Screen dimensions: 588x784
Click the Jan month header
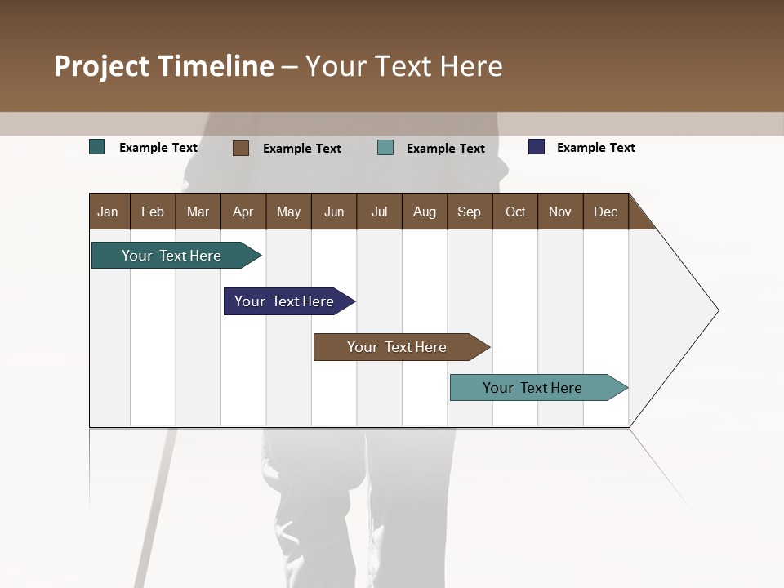(x=108, y=212)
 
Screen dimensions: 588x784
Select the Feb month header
(x=153, y=212)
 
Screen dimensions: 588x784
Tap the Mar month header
(x=198, y=212)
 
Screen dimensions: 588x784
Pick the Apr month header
(x=243, y=212)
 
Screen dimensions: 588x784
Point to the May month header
(x=288, y=212)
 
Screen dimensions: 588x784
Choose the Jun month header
(x=334, y=212)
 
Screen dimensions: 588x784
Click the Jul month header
(x=379, y=212)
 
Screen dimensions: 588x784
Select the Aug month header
(x=425, y=212)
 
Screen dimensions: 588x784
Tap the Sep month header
(x=470, y=212)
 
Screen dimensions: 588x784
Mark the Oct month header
(x=515, y=212)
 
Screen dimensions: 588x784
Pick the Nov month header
(x=560, y=212)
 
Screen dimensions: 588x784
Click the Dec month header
(x=606, y=212)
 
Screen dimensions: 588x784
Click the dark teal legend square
(x=97, y=147)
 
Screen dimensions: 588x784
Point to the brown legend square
(x=241, y=148)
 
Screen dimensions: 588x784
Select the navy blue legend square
(x=537, y=147)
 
